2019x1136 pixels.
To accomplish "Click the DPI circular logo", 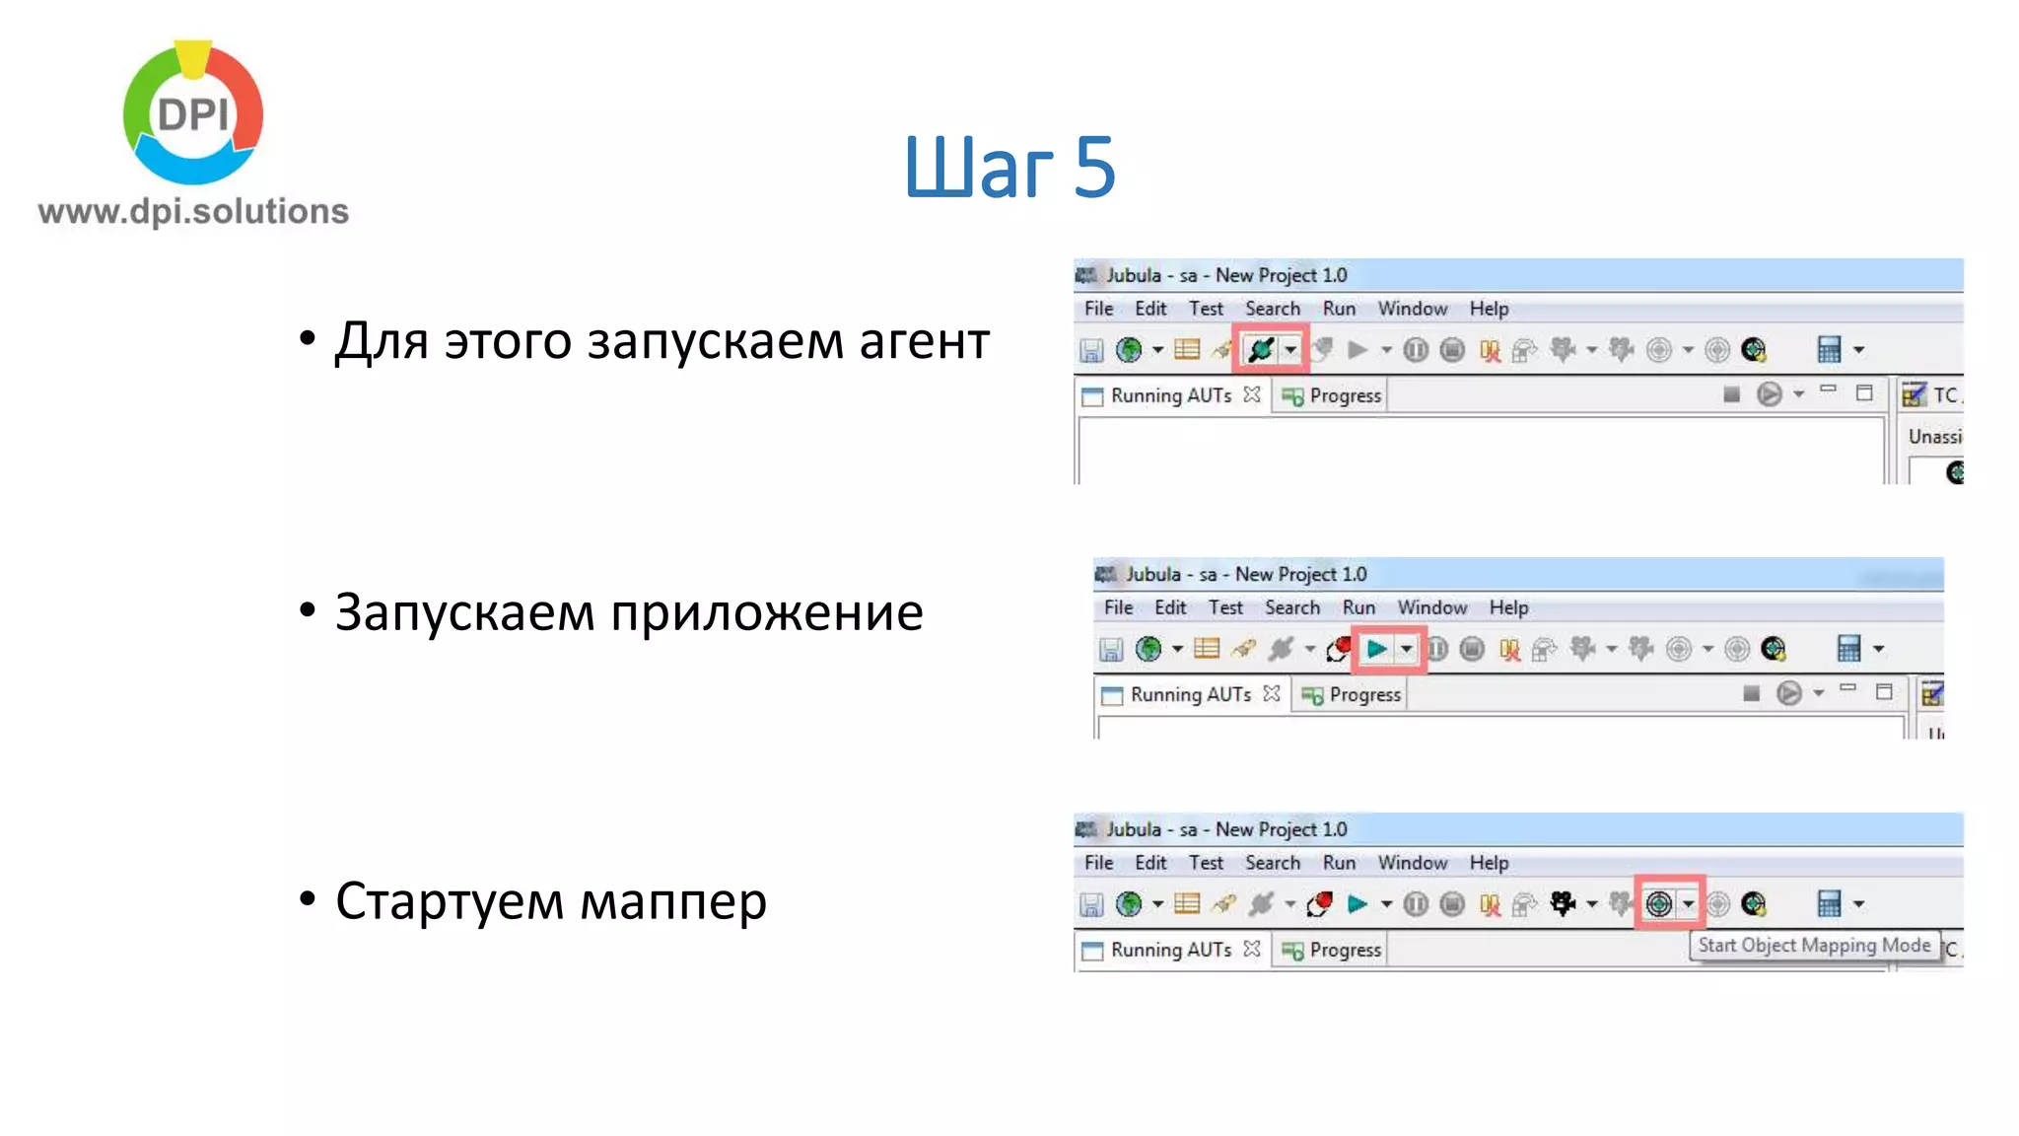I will point(193,112).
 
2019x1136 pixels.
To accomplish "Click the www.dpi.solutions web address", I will point(193,211).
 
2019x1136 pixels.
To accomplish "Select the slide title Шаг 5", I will point(1009,167).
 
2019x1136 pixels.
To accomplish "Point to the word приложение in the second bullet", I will point(766,613).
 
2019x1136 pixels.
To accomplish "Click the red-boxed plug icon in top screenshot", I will point(1261,349).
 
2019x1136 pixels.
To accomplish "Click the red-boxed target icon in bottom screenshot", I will point(1659,903).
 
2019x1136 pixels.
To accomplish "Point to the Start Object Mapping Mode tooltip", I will point(1814,945).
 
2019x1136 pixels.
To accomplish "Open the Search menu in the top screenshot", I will point(1272,309).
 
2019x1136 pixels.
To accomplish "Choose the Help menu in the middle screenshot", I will point(1508,607).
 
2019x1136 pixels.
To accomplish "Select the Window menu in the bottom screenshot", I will point(1412,863).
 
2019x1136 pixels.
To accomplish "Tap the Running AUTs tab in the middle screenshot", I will point(1190,694).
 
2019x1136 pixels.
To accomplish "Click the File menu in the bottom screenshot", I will point(1098,863).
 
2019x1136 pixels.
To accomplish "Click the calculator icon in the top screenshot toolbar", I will point(1829,349).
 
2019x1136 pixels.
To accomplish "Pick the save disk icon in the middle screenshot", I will point(1111,649).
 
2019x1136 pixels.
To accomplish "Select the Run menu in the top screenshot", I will point(1339,309).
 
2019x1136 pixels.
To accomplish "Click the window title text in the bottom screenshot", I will point(1225,829).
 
